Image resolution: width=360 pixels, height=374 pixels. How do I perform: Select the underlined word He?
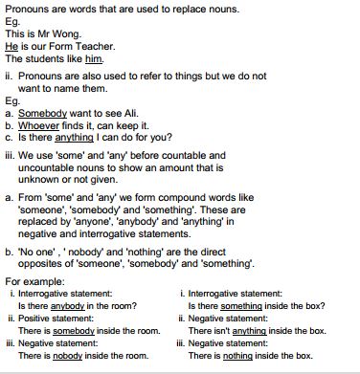point(11,46)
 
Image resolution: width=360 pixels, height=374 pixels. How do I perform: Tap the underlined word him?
point(92,59)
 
